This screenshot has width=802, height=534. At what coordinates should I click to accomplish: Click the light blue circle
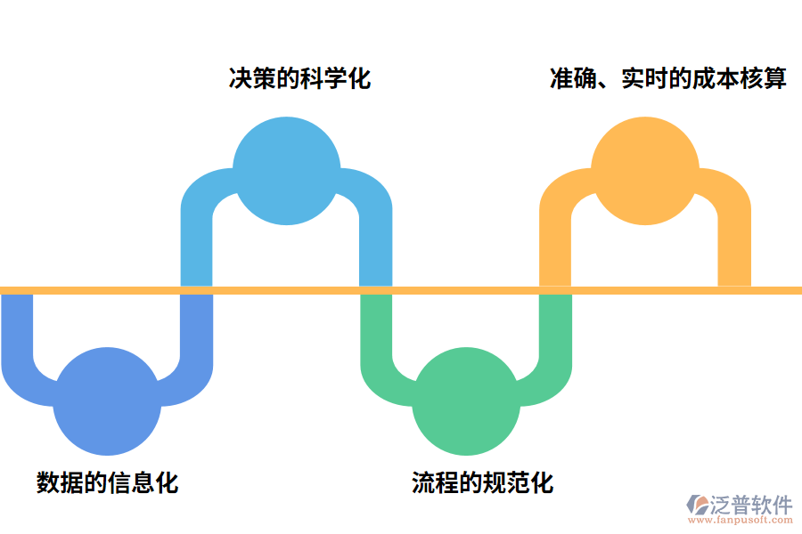(286, 171)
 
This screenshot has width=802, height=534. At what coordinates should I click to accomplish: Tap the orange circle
(645, 171)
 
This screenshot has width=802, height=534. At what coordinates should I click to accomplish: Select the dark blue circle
(107, 402)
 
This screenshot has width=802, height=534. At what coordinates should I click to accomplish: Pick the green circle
(466, 402)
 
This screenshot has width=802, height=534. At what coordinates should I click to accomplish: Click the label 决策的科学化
(299, 78)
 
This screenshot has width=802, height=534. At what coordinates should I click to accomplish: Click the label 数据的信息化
(107, 482)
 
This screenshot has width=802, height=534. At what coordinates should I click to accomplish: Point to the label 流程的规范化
(482, 482)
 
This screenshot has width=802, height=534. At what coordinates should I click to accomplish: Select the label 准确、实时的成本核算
(668, 78)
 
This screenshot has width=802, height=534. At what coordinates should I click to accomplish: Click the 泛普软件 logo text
(751, 505)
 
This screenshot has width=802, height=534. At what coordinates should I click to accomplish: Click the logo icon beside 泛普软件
(698, 506)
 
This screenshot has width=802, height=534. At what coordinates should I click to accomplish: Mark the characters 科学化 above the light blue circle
(335, 78)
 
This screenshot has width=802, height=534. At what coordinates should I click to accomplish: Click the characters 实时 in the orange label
(639, 78)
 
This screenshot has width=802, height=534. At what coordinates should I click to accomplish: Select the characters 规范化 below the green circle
(518, 482)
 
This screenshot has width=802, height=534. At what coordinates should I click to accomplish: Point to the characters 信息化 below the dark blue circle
(143, 482)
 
